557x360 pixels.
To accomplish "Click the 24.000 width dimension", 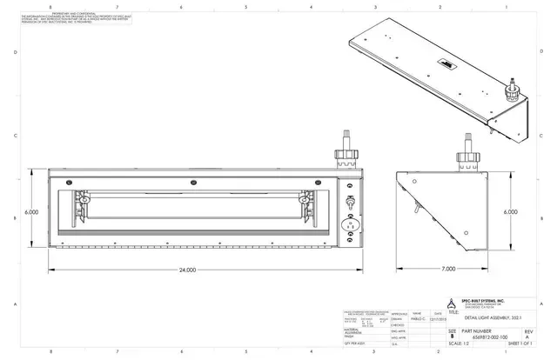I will coord(186,270).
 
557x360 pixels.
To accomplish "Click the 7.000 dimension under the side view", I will coord(448,270).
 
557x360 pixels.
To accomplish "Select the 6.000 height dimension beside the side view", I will coord(511,210).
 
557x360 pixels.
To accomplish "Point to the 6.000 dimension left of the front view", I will coord(31,211).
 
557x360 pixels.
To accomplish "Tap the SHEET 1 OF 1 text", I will coord(525,344).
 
